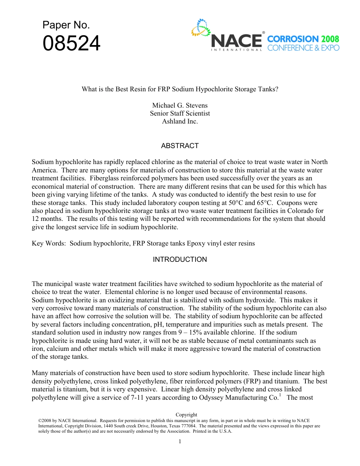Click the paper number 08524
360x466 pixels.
click(72, 44)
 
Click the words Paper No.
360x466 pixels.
click(66, 25)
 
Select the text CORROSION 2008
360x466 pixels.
click(303, 39)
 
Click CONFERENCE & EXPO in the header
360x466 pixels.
click(303, 48)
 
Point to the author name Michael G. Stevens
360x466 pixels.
click(180, 105)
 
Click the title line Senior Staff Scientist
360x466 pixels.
click(180, 113)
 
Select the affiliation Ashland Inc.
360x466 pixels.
click(180, 122)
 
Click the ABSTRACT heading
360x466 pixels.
click(180, 146)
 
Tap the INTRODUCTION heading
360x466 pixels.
click(180, 260)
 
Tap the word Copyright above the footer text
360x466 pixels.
click(186, 415)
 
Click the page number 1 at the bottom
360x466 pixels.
click(180, 441)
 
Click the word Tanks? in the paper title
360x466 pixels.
click(268, 89)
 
